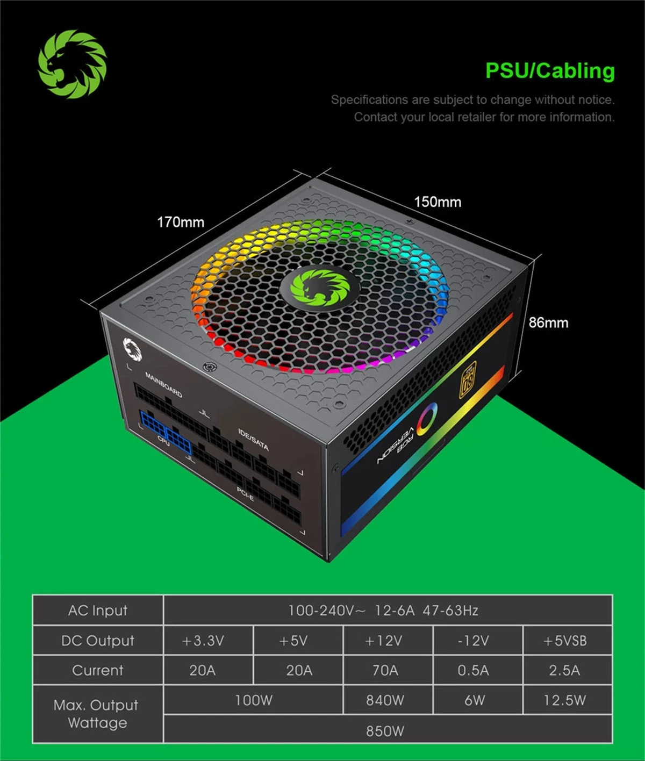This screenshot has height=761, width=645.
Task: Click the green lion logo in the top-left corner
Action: coord(72,64)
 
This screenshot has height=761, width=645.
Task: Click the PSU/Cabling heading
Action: coord(549,71)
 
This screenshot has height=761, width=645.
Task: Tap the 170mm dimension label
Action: coord(181,222)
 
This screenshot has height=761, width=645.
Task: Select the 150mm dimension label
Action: coord(438,202)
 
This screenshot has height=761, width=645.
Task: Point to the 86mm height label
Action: coord(548,322)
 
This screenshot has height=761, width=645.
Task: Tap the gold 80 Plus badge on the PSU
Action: coord(468,380)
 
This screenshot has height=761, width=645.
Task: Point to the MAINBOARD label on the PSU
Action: coord(164,385)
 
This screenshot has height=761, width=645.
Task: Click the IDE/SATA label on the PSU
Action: coord(253,440)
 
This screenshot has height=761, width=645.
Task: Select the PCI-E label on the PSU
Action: coord(245,494)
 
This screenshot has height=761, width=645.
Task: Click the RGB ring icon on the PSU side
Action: coord(427,419)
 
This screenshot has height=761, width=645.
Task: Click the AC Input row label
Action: coord(98,611)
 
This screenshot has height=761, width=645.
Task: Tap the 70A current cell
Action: coord(385,670)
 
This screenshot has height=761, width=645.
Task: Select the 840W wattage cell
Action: coord(385,700)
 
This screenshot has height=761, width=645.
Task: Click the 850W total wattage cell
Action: coord(385,731)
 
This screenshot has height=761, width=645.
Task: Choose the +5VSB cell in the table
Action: coord(565,641)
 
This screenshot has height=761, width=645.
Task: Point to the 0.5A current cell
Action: coord(474,670)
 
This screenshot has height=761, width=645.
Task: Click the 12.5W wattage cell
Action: coord(565,700)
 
